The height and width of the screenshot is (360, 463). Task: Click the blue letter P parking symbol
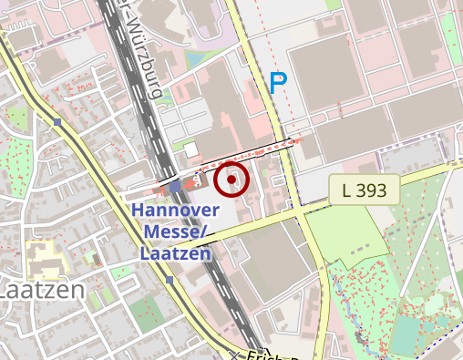pos(278,85)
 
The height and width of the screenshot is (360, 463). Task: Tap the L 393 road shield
pos(365,190)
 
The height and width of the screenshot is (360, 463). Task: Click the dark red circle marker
pos(232,180)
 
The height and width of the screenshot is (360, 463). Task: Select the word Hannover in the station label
pos(172,211)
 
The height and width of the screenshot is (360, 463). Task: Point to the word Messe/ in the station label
pos(176,231)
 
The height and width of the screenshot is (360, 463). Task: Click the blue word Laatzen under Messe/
pos(176,252)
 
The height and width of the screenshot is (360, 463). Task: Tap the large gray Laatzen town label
pos(40,291)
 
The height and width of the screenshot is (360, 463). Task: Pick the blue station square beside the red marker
pos(176,187)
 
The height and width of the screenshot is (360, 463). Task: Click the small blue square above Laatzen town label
pos(57,121)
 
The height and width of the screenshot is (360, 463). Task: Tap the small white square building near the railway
pos(190,149)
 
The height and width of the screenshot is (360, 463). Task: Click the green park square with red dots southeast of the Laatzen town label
pos(142,314)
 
